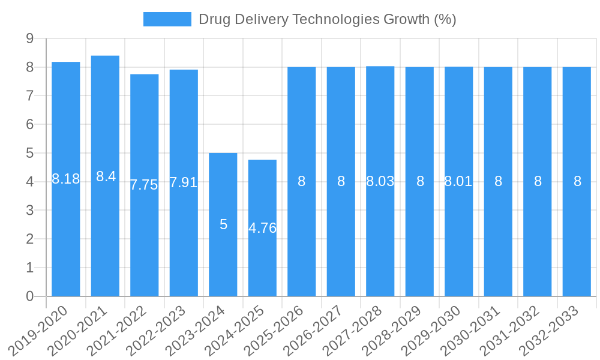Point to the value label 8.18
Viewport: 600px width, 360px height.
(x=66, y=179)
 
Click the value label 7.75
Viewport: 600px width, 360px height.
(x=144, y=185)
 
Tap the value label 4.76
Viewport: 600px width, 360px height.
(x=262, y=228)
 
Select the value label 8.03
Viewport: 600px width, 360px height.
(x=380, y=181)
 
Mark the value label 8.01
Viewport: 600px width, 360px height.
(x=458, y=181)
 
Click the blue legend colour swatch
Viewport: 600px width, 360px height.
(x=167, y=19)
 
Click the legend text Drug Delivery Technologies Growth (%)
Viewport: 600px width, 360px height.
(x=327, y=19)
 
